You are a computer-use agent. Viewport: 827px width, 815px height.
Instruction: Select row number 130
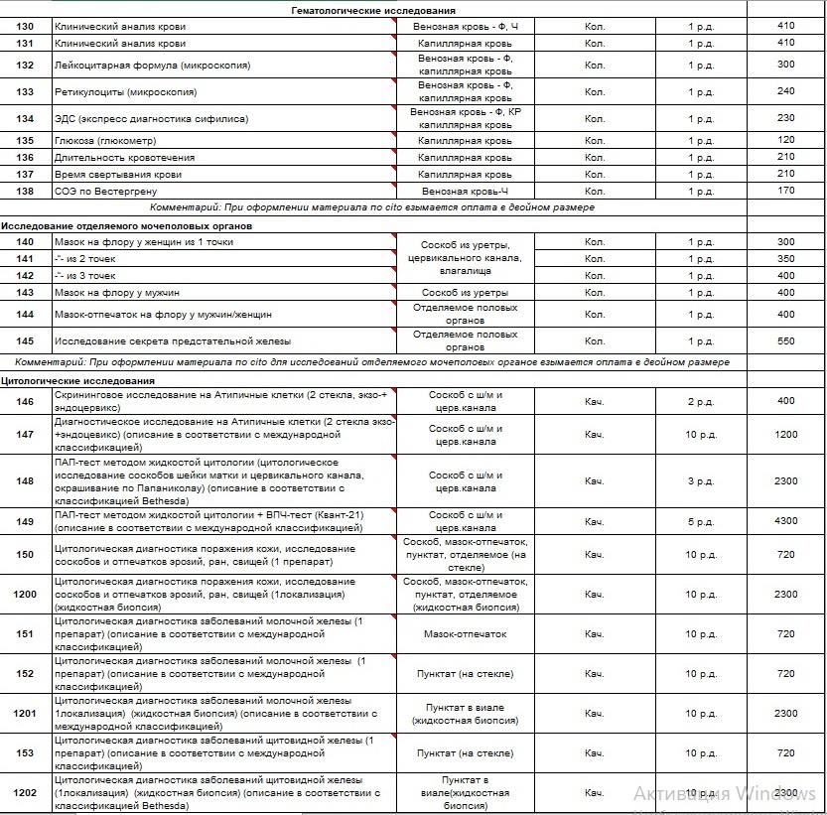pyautogui.click(x=25, y=27)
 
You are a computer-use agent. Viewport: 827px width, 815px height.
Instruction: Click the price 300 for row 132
pyautogui.click(x=785, y=66)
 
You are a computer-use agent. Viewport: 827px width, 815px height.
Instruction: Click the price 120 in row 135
pyautogui.click(x=785, y=141)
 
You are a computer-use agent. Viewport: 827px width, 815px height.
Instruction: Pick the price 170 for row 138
pyautogui.click(x=785, y=191)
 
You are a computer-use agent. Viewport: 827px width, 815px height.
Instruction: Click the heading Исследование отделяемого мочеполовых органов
pyautogui.click(x=127, y=226)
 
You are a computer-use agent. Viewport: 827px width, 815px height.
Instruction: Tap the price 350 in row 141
pyautogui.click(x=785, y=259)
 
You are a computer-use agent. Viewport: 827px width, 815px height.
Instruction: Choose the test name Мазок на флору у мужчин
pyautogui.click(x=113, y=293)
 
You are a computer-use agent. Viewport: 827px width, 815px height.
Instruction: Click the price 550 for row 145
pyautogui.click(x=785, y=341)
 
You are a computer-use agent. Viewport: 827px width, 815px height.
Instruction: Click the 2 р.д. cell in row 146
pyautogui.click(x=700, y=401)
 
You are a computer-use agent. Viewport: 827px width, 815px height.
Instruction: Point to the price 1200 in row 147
pyautogui.click(x=785, y=435)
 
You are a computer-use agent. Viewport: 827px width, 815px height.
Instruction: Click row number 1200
pyautogui.click(x=25, y=595)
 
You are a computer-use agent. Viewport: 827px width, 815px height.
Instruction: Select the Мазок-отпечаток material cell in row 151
pyautogui.click(x=465, y=634)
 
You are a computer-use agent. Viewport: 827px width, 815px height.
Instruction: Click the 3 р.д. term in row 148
pyautogui.click(x=700, y=481)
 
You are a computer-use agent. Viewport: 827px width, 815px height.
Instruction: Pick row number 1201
pyautogui.click(x=25, y=714)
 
